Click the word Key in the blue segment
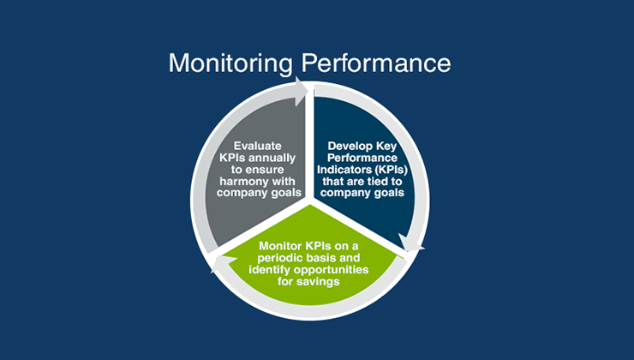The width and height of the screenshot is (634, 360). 391,146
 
